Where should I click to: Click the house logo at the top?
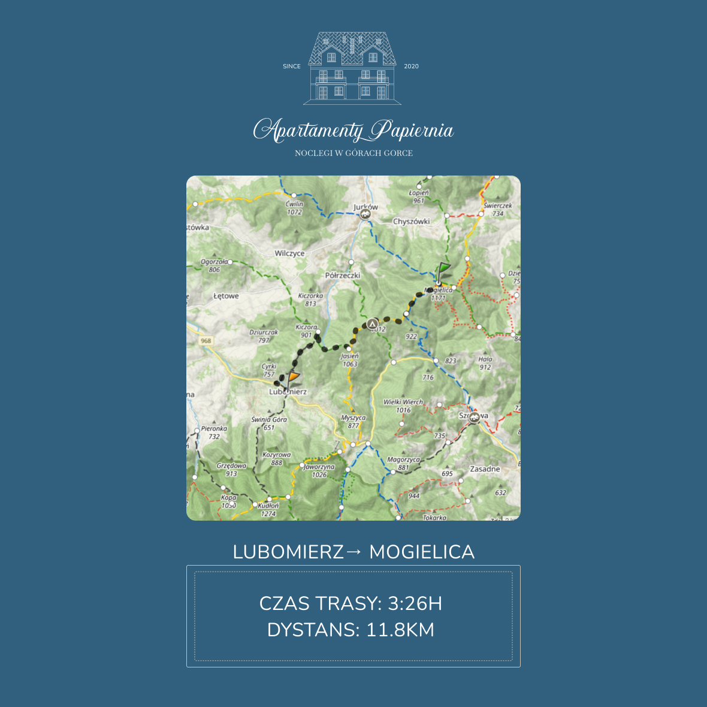(x=352, y=67)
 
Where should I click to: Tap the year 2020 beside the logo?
(x=411, y=67)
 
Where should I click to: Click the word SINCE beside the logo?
(x=292, y=67)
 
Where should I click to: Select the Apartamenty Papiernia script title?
(x=353, y=131)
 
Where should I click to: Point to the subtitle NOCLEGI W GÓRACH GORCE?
(x=353, y=153)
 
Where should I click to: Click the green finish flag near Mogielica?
(x=443, y=270)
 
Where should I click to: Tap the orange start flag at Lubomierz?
(x=292, y=379)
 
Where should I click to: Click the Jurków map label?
(x=365, y=207)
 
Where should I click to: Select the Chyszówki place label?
(x=411, y=221)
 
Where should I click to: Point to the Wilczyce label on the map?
(x=289, y=253)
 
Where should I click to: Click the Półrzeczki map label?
(x=343, y=276)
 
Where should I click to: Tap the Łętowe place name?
(x=226, y=296)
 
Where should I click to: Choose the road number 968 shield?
(x=206, y=340)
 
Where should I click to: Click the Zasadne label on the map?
(x=485, y=469)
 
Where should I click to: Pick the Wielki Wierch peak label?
(x=403, y=402)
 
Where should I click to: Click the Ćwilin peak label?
(x=294, y=204)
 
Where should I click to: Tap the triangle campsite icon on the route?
(x=373, y=324)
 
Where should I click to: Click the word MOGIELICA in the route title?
(x=422, y=552)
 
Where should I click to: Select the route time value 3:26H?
(x=415, y=603)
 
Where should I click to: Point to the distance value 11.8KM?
(x=400, y=630)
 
